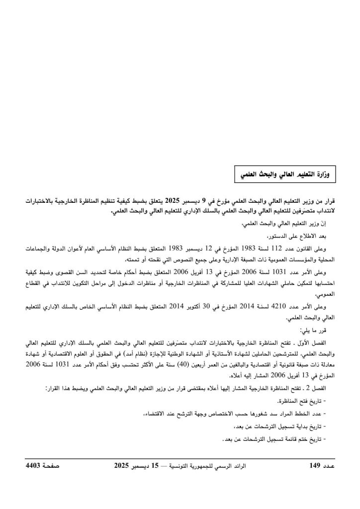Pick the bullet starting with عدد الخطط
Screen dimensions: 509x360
tap(249, 413)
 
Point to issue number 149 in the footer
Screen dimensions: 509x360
tap(316, 466)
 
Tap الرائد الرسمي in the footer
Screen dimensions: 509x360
tap(238, 466)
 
